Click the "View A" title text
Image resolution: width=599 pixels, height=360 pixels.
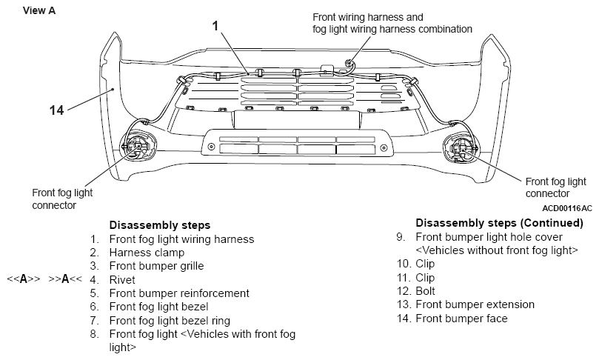(x=39, y=10)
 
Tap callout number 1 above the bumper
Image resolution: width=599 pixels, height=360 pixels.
(x=215, y=26)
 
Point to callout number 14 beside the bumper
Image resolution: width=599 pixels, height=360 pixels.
(x=56, y=110)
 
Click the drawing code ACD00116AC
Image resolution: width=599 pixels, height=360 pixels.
(x=567, y=208)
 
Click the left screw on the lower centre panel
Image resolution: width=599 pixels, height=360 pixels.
(x=211, y=147)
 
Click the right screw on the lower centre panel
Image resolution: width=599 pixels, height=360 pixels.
(x=384, y=147)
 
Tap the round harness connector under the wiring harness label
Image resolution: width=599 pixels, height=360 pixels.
(x=349, y=63)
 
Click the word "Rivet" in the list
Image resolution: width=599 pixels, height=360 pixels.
(x=122, y=280)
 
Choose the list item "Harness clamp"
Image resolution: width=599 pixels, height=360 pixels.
(x=147, y=253)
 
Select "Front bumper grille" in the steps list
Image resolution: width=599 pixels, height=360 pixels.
(x=157, y=266)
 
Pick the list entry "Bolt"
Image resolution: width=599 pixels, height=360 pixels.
(x=425, y=291)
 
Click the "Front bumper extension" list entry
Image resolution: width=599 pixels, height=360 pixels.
(x=475, y=304)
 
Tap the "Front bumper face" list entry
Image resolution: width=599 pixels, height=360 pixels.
(x=461, y=319)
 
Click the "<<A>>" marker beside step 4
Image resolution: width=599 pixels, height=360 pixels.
(x=23, y=279)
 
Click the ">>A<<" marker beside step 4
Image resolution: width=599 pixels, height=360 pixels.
(x=65, y=279)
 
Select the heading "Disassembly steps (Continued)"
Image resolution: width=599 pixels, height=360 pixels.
(x=499, y=223)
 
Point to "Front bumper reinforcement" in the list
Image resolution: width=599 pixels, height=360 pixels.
(x=179, y=293)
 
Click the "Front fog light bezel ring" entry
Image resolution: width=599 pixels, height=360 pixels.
(x=170, y=321)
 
